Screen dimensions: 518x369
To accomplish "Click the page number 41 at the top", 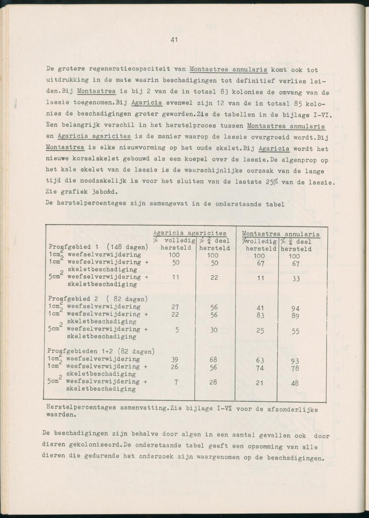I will pyautogui.click(x=174, y=40).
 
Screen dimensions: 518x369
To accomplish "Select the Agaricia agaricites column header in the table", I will pyautogui.click(x=190, y=233).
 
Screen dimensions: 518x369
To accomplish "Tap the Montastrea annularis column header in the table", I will pyautogui.click(x=280, y=234).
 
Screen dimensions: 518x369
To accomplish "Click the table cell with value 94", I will pyautogui.click(x=295, y=309).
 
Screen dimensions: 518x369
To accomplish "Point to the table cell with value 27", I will pyautogui.click(x=176, y=307).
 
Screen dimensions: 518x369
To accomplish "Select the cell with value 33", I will pyautogui.click(x=296, y=279).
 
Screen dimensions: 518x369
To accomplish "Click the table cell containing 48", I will pyautogui.click(x=295, y=383).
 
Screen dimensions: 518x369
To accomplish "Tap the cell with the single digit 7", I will pyautogui.click(x=177, y=382).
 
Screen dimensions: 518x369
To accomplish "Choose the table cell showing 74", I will pyautogui.click(x=260, y=368).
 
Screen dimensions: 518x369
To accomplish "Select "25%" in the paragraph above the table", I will pyautogui.click(x=272, y=181).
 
